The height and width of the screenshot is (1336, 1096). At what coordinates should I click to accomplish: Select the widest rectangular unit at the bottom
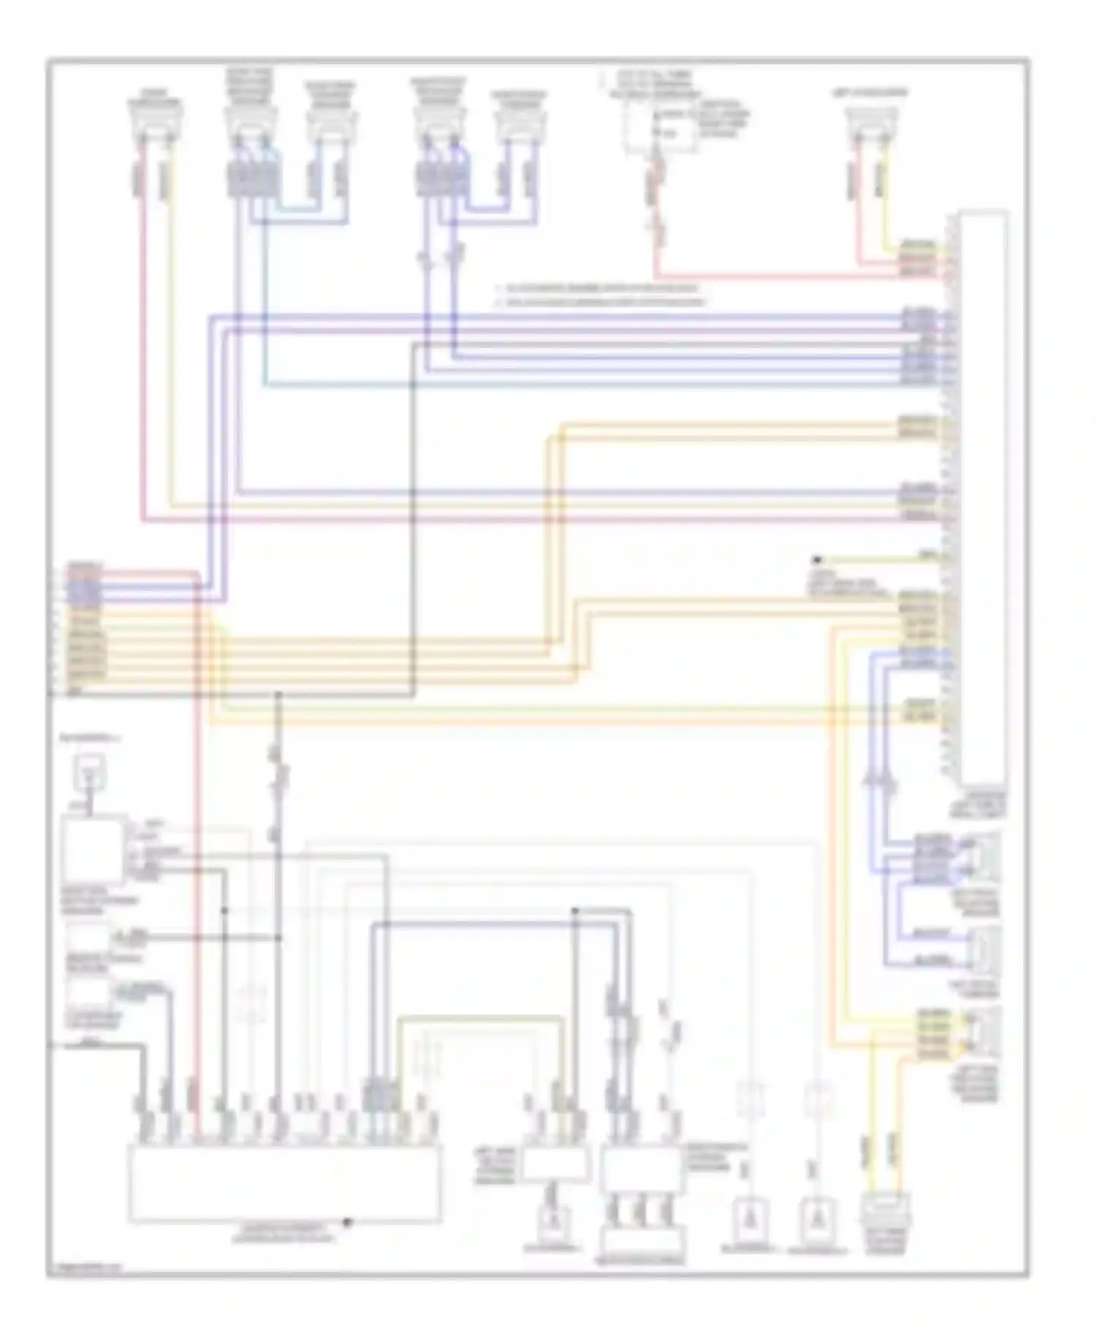coord(285,1183)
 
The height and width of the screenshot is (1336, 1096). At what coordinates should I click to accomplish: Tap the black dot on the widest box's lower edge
coord(348,1221)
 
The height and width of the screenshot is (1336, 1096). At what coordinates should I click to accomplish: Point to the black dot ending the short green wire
coord(818,560)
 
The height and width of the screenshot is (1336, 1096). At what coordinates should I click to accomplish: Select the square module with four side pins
coord(93,849)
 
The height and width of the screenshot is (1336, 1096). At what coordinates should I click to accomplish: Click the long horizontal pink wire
coord(511,520)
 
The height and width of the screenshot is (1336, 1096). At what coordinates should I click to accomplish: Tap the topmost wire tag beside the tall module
coord(918,243)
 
